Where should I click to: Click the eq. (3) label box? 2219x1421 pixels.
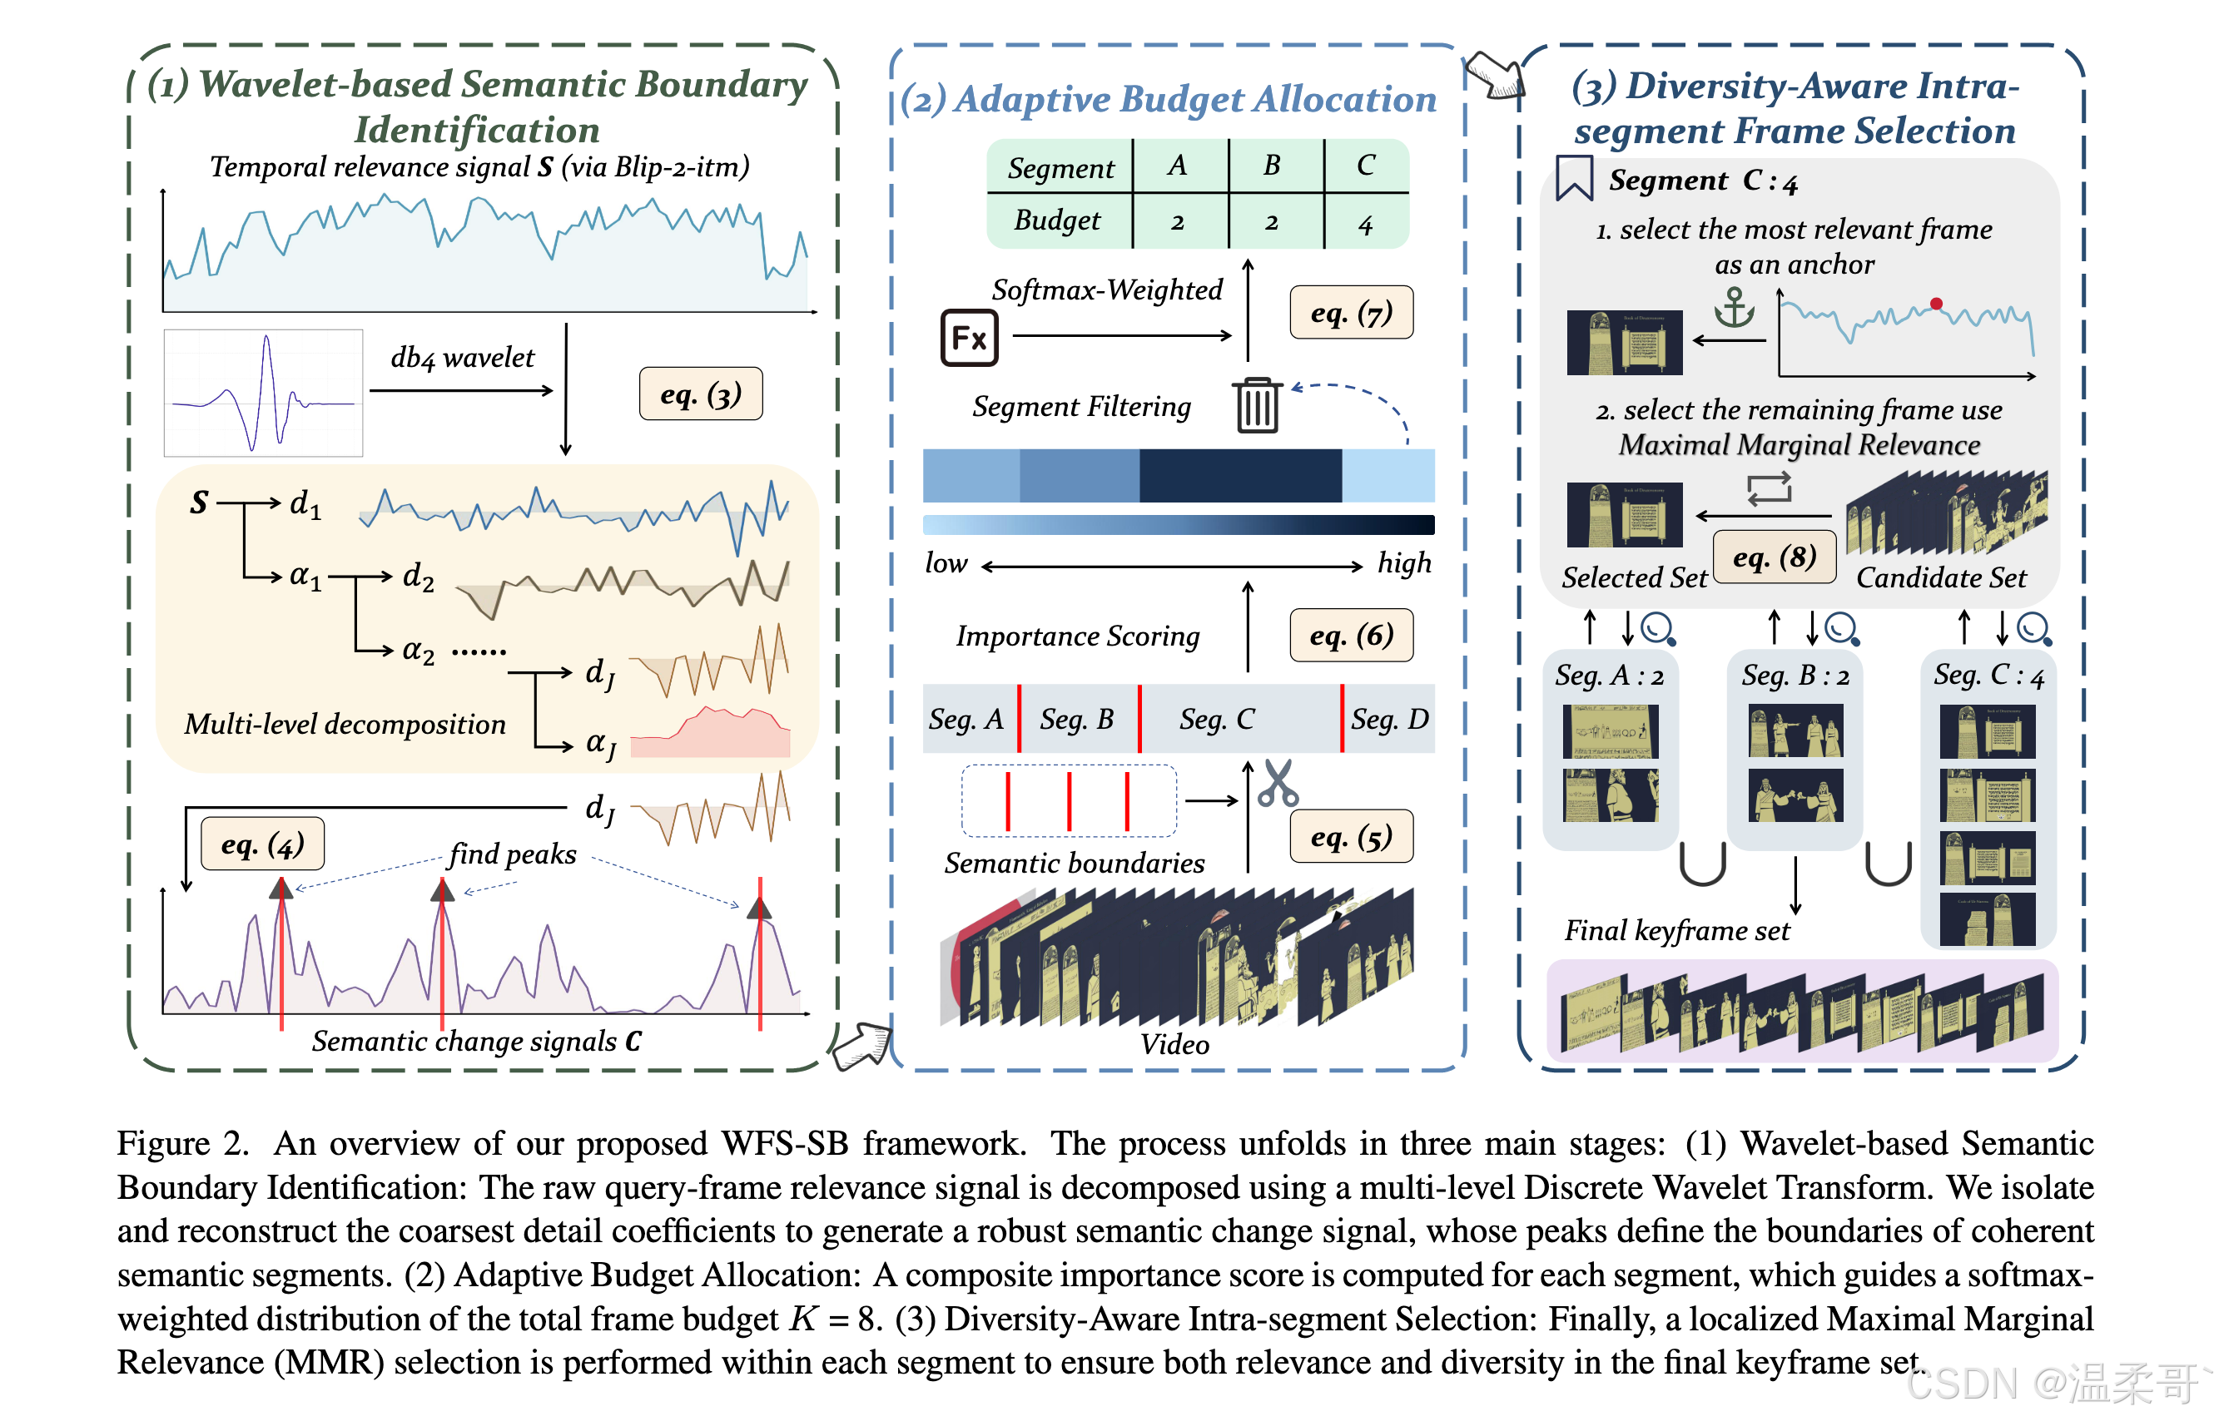701,394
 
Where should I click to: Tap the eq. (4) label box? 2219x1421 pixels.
263,844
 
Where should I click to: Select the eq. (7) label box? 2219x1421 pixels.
1352,313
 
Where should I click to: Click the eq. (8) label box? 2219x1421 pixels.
1774,557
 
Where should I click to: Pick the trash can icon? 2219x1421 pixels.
1257,405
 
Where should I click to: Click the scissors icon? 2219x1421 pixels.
1278,783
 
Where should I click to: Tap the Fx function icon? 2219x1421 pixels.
969,338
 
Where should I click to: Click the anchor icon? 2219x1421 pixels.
1735,308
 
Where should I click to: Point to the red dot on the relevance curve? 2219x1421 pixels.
1936,304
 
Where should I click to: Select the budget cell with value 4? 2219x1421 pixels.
1366,221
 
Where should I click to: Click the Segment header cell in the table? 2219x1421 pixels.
1060,167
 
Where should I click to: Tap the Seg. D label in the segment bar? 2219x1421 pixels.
1389,719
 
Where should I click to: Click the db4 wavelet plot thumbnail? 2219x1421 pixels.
263,393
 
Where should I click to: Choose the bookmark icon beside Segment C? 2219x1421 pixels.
1574,178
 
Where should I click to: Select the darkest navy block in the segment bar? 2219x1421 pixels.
1240,475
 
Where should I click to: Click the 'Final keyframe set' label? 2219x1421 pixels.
1676,930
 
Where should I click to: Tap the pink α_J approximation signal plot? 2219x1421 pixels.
710,733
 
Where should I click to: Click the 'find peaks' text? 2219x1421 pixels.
512,854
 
